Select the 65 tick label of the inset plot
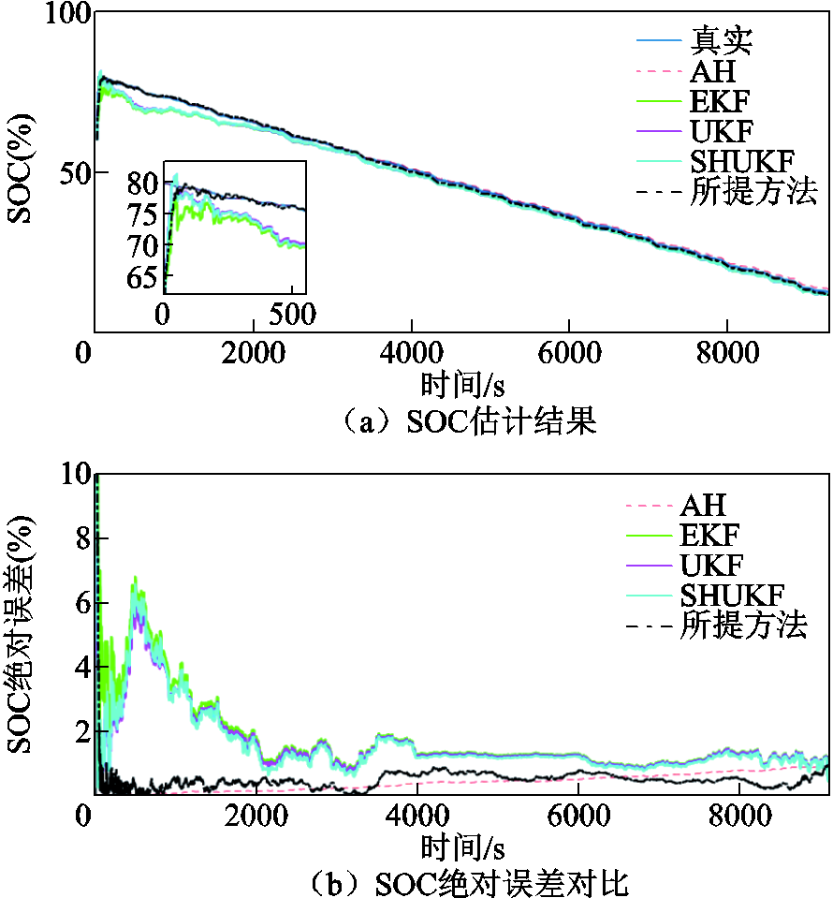(143, 278)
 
